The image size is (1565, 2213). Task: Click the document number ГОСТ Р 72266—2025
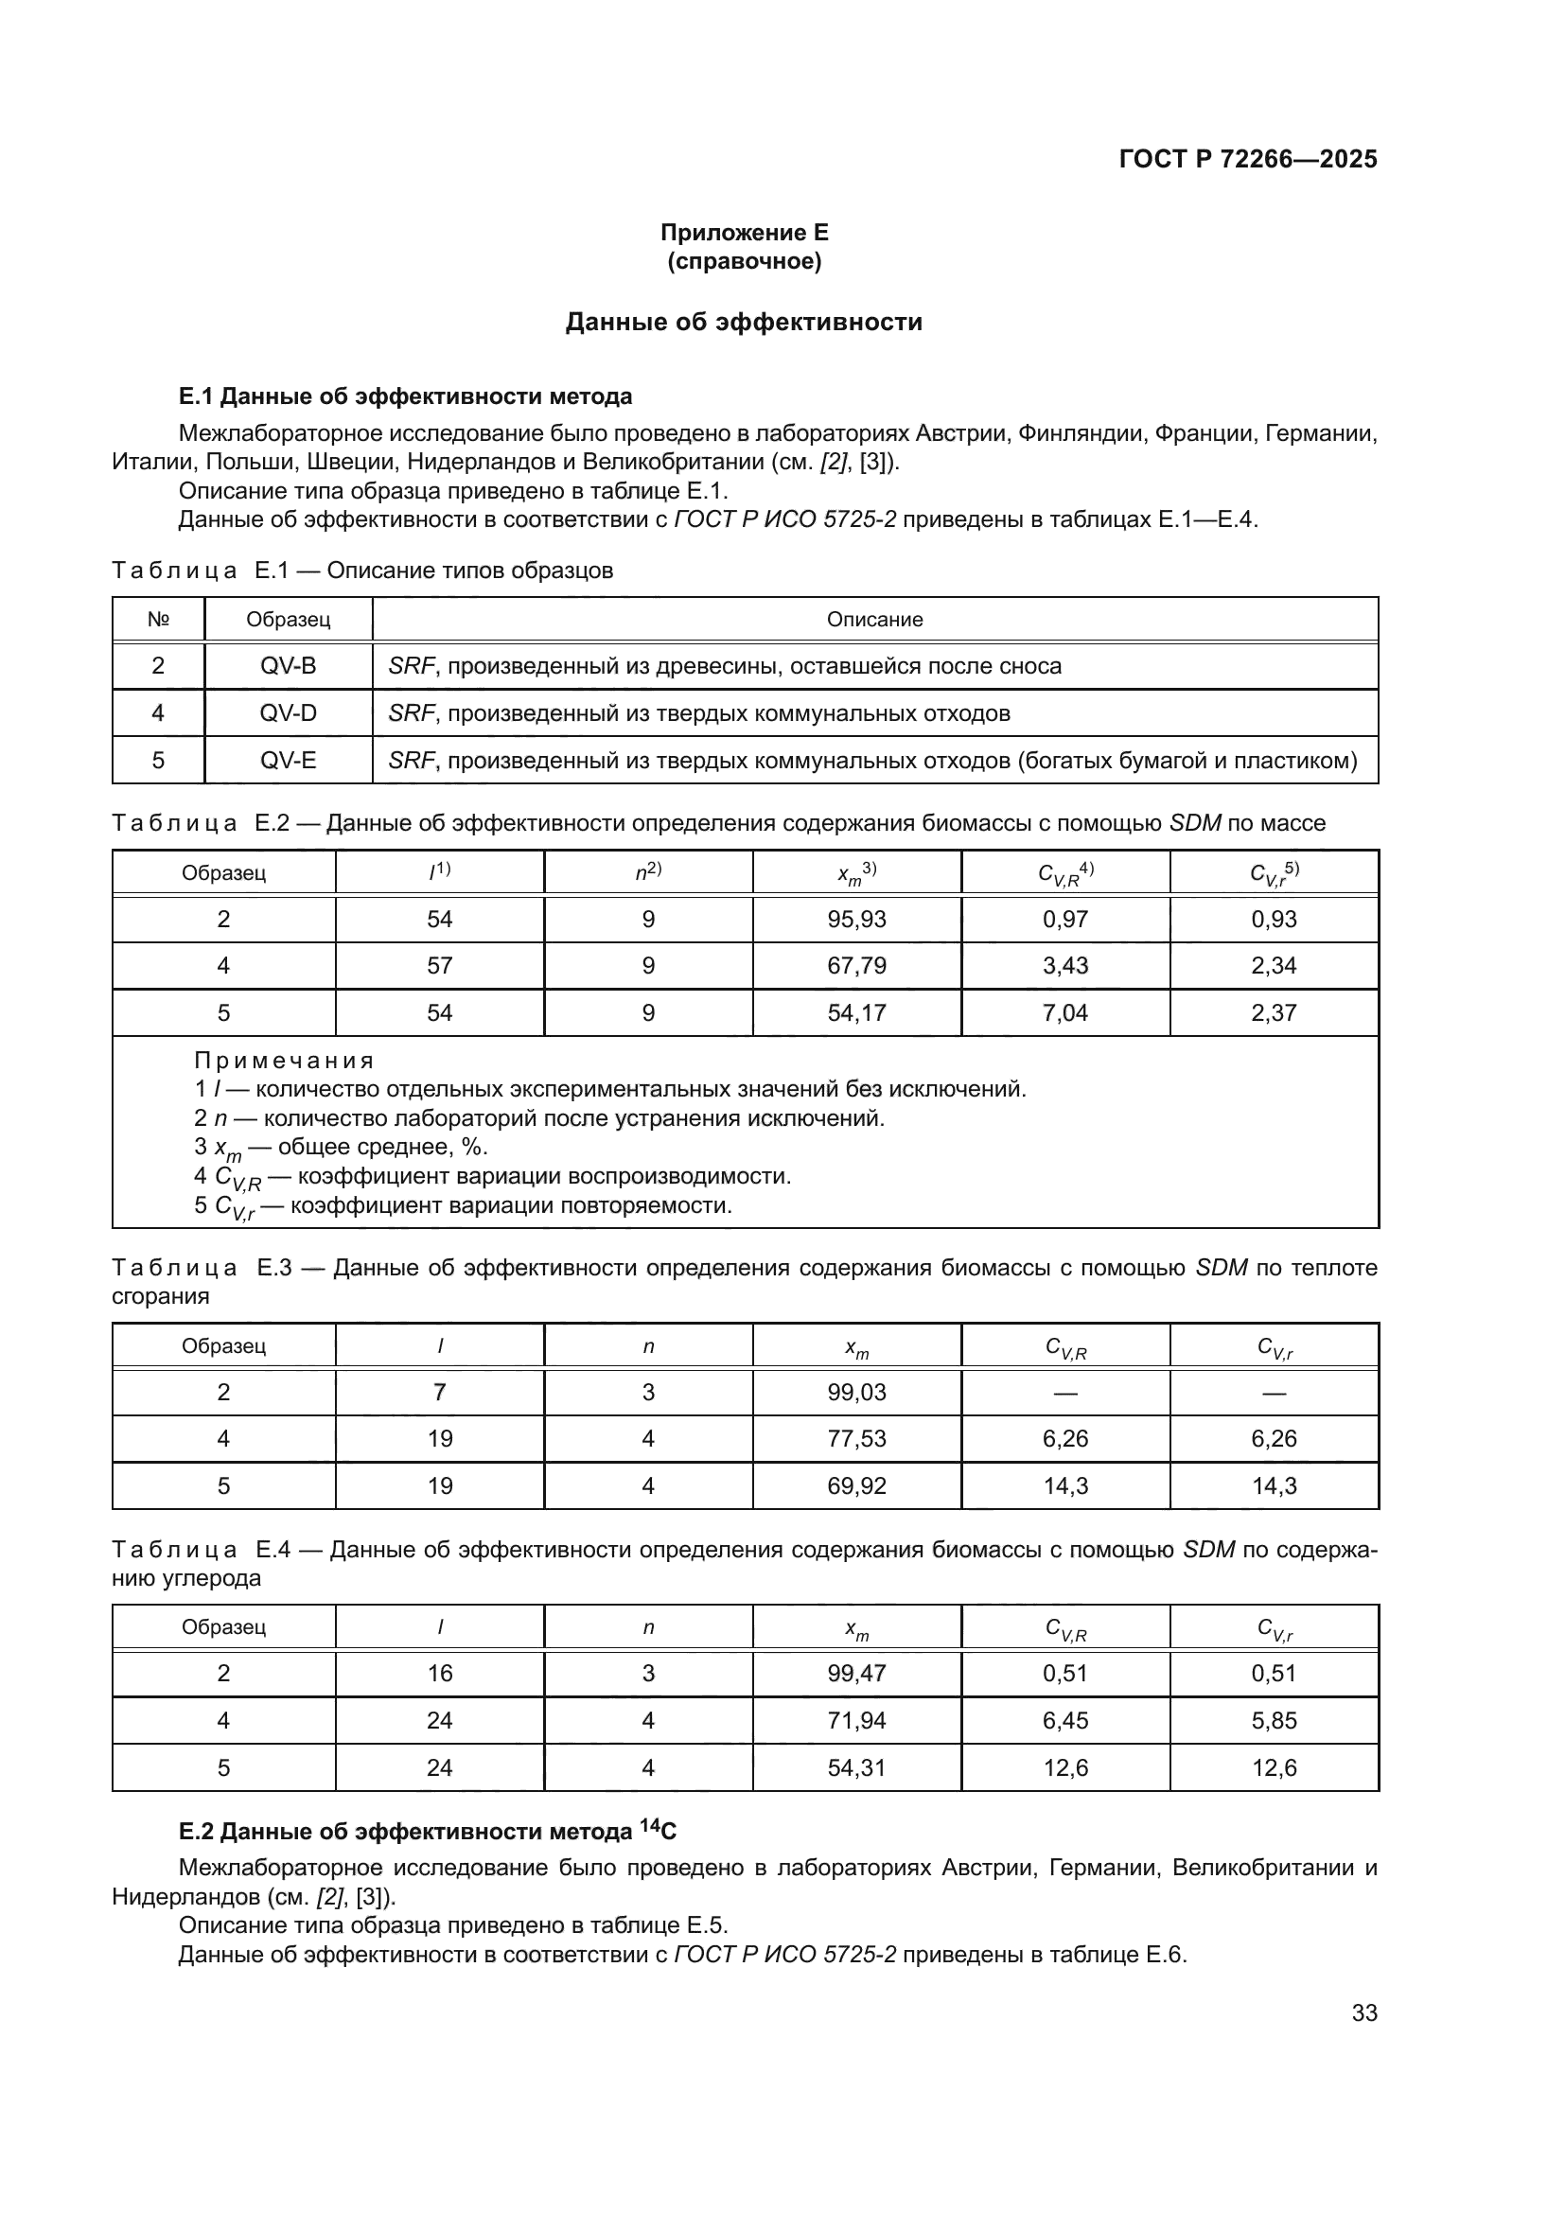(x=1247, y=159)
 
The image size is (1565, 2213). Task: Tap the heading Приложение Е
(x=744, y=233)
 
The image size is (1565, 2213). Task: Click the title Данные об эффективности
(x=743, y=322)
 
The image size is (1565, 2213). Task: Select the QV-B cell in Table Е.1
(x=289, y=666)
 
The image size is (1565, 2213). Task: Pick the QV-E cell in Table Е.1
(x=289, y=761)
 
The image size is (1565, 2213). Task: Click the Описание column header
(x=874, y=620)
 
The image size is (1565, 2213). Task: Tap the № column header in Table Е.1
(x=158, y=620)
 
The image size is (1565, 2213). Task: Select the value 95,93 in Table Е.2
(x=855, y=919)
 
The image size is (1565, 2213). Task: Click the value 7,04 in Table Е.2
(x=1064, y=1013)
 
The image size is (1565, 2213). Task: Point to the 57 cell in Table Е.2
(x=439, y=966)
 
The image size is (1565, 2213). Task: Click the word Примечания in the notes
(x=283, y=1062)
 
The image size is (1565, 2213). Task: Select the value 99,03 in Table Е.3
(x=855, y=1392)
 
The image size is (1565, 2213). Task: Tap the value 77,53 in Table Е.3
(x=855, y=1439)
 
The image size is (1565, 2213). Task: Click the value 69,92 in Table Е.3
(x=855, y=1486)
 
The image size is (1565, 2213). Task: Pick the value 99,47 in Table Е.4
(x=855, y=1674)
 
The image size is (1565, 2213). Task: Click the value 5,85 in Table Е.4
(x=1274, y=1720)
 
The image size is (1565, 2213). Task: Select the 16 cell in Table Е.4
(x=439, y=1674)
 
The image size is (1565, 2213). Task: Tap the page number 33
(x=1363, y=2013)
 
